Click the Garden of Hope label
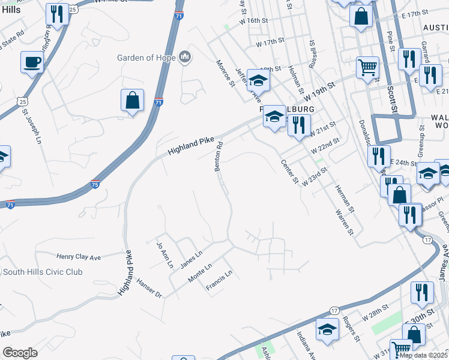click(146, 58)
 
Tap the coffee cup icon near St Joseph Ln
click(32, 62)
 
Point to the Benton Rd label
click(220, 155)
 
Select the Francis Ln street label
click(218, 281)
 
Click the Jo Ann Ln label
click(160, 254)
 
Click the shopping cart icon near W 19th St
click(367, 67)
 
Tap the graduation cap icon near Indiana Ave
click(327, 329)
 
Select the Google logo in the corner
click(20, 352)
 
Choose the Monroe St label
click(226, 73)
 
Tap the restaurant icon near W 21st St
click(298, 124)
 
